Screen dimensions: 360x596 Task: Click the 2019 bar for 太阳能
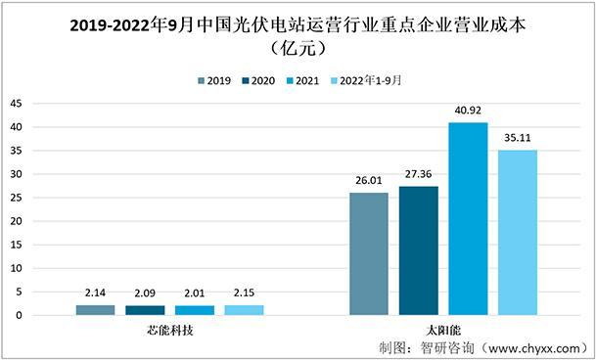click(x=368, y=253)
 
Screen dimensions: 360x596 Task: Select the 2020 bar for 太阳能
click(x=418, y=250)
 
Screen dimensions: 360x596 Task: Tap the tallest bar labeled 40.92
click(x=468, y=218)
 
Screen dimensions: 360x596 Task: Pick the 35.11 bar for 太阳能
click(x=518, y=232)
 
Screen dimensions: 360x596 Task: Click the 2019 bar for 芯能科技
click(x=95, y=310)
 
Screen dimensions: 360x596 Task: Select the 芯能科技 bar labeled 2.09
click(x=145, y=310)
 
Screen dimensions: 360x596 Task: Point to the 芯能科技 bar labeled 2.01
click(x=194, y=310)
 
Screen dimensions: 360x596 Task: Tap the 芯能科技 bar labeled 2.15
click(x=244, y=310)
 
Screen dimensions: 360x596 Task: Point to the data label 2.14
click(x=95, y=293)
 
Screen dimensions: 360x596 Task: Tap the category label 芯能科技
click(x=169, y=331)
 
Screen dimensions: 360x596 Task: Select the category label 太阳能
click(x=442, y=331)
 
